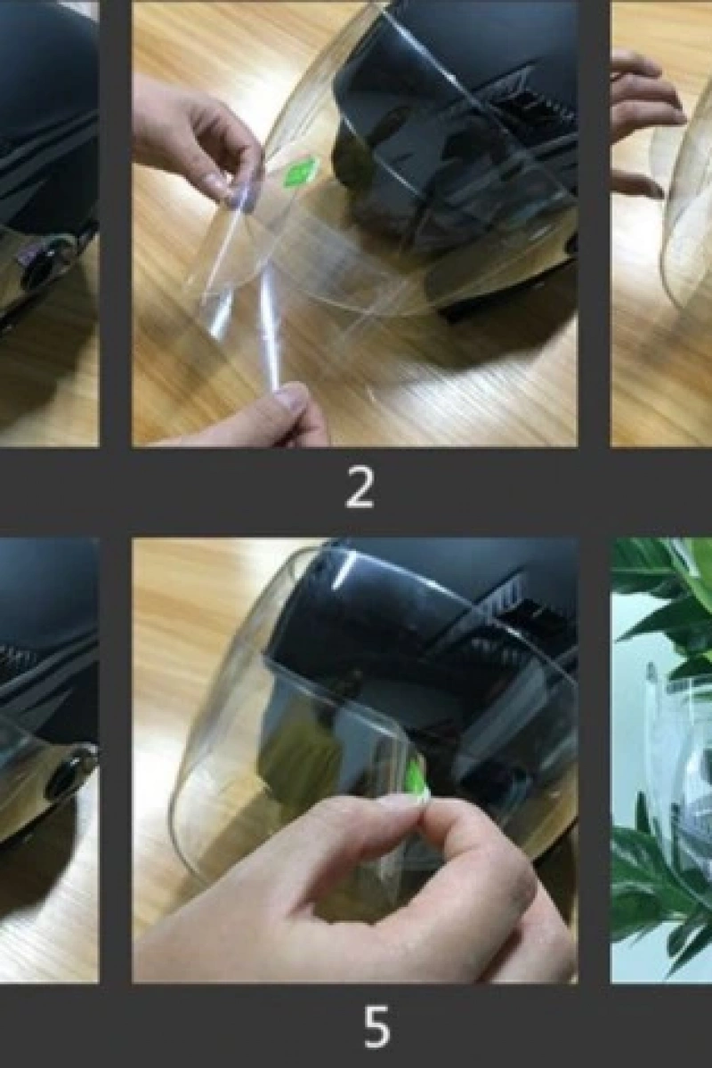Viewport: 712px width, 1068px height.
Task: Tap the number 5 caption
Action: click(x=376, y=1030)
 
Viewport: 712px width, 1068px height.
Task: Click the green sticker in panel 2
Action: click(x=297, y=172)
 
